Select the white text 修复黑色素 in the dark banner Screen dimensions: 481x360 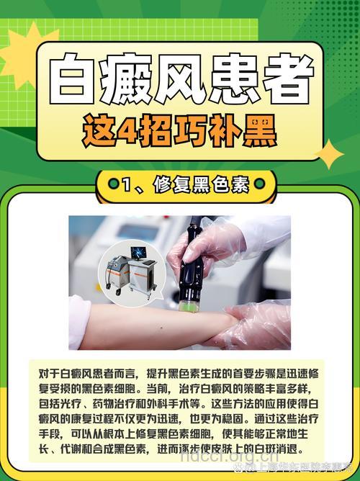click(x=201, y=185)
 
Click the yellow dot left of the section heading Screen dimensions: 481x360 click(x=112, y=185)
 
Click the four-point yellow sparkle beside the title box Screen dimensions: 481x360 click(x=330, y=154)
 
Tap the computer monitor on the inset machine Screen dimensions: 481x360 click(x=138, y=253)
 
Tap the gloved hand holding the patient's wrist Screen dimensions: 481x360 click(x=259, y=324)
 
